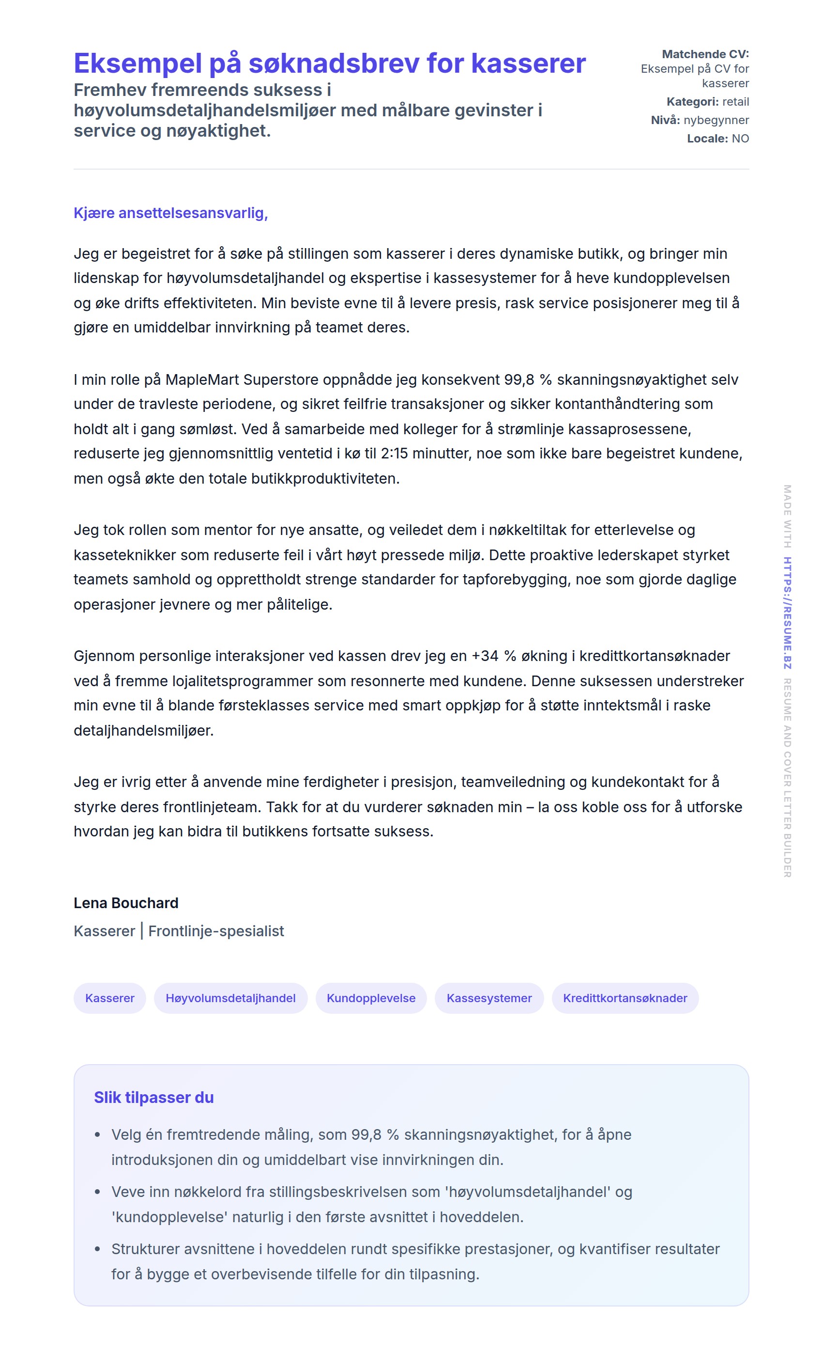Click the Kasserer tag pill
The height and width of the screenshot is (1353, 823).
[110, 998]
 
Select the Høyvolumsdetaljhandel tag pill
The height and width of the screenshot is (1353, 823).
[230, 998]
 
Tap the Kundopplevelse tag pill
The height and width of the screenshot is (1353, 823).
[371, 998]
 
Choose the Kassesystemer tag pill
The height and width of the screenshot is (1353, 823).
[489, 998]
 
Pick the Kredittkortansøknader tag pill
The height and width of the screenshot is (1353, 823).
[625, 998]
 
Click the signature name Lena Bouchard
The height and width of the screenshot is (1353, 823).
[126, 903]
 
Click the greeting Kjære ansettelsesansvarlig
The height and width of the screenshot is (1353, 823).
[170, 213]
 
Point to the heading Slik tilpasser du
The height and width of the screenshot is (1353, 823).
[153, 1097]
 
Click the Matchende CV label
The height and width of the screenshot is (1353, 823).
[705, 54]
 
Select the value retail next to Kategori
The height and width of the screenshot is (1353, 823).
[735, 102]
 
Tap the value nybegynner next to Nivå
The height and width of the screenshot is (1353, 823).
[716, 120]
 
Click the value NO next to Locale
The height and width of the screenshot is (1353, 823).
[740, 139]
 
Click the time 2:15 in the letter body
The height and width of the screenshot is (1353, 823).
[394, 453]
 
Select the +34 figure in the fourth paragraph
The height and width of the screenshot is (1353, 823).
[485, 656]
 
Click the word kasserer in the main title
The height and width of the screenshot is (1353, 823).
[528, 63]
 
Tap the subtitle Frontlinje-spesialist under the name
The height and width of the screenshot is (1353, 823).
[216, 931]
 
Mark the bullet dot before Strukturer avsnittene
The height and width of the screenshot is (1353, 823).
[98, 1249]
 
